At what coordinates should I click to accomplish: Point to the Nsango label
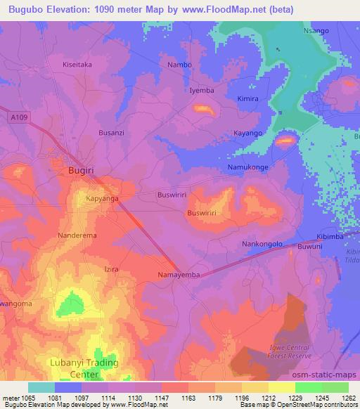[316, 31]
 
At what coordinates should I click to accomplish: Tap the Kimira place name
[249, 98]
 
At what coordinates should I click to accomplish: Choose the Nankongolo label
[262, 244]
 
